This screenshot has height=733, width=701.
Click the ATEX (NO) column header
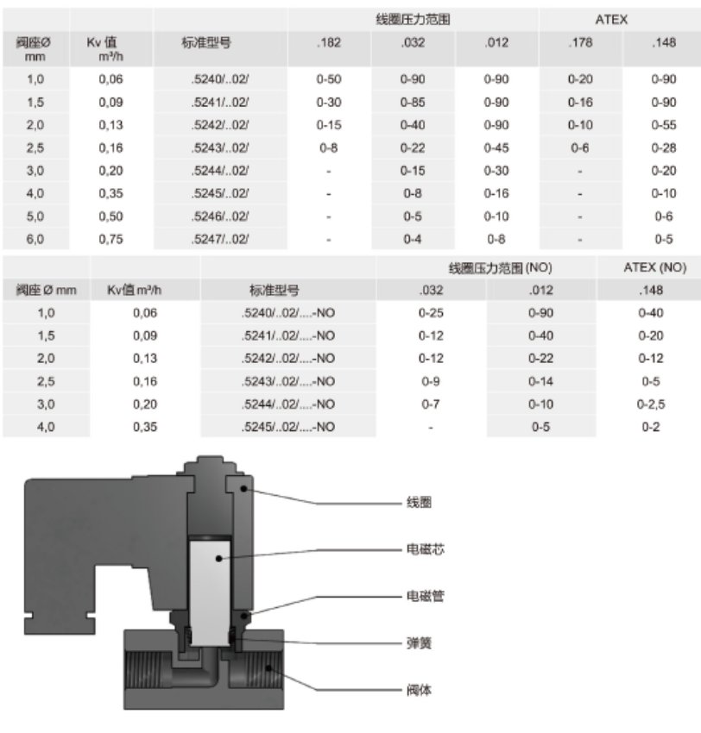click(654, 267)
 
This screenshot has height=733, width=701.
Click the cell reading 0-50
click(328, 79)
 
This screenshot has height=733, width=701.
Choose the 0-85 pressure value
click(413, 102)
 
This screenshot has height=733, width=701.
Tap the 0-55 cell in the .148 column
click(663, 125)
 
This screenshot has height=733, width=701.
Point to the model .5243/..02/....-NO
click(287, 381)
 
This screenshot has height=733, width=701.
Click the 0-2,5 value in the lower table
click(651, 404)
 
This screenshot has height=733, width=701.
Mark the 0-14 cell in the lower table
click(540, 381)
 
